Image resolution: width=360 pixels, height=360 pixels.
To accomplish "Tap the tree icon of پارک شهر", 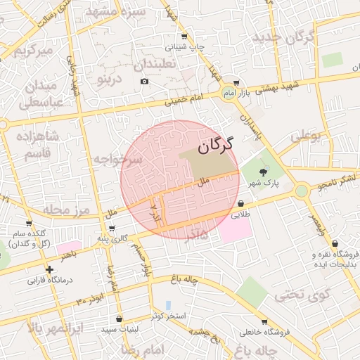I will pyautogui.click(x=264, y=172).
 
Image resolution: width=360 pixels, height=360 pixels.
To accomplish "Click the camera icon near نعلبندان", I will pyautogui.click(x=145, y=81).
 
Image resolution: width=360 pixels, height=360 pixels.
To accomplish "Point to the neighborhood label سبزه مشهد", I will pyautogui.click(x=116, y=12).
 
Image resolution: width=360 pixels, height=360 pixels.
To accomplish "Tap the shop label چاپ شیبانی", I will pyautogui.click(x=185, y=47).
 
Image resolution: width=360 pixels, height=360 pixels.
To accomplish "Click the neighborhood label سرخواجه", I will pyautogui.click(x=118, y=159).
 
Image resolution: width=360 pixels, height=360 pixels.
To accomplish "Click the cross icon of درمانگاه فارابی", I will pyautogui.click(x=49, y=269).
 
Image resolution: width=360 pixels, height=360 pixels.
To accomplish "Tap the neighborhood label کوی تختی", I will pyautogui.click(x=301, y=295).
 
